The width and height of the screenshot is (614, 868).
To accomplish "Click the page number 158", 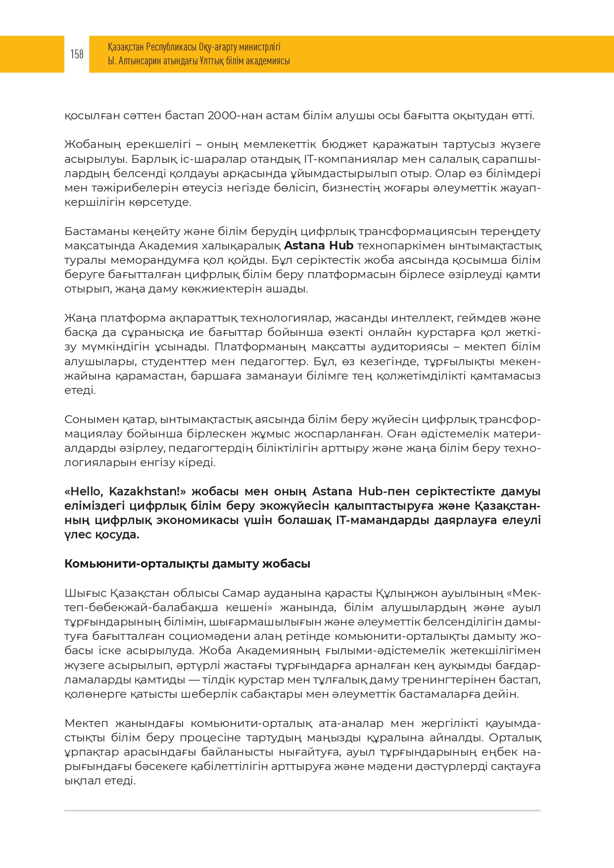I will coord(77,54).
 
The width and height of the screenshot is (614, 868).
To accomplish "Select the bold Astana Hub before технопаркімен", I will coord(319,246).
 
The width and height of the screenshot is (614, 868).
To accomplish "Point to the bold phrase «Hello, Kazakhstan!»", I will coord(125,491).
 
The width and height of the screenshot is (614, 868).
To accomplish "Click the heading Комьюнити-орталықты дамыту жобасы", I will coord(187,564).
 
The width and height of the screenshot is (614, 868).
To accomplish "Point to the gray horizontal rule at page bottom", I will coord(302,811).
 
